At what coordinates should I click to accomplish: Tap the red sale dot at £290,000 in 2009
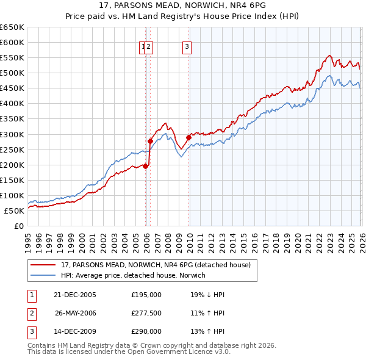188,137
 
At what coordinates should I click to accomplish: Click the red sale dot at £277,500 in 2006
150,141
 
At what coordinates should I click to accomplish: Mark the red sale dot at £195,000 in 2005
146,166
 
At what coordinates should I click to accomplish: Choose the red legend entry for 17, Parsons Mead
156,265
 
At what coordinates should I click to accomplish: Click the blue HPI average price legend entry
134,275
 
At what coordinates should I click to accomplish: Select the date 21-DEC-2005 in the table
74,294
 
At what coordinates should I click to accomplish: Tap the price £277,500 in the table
146,312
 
